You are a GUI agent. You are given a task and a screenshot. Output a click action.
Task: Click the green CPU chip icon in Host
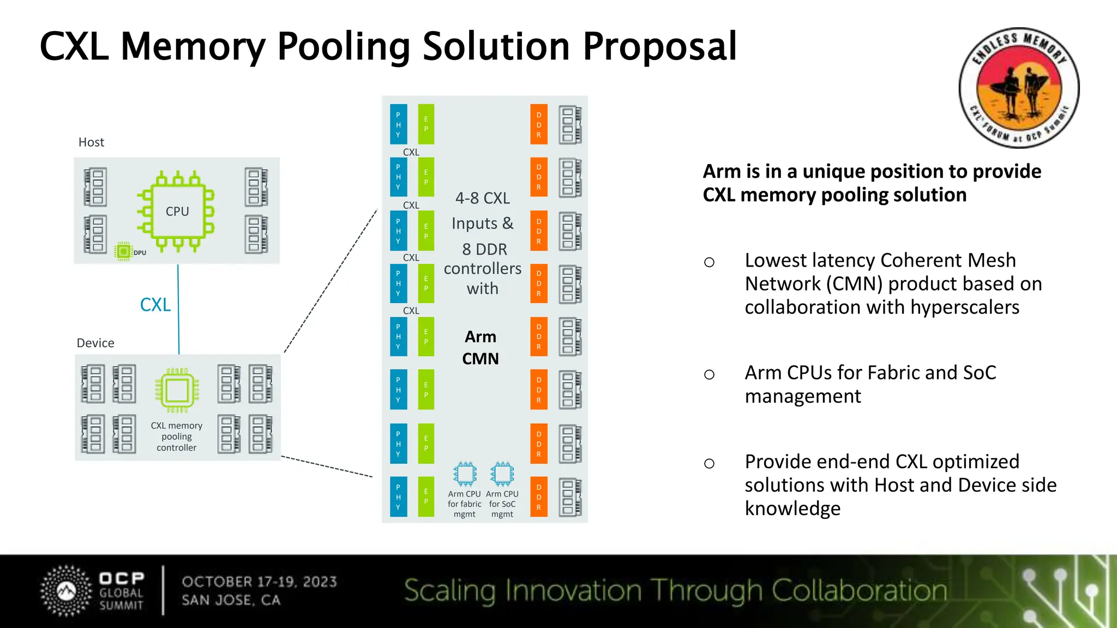176,212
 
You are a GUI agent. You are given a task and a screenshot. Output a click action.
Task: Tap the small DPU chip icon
124,251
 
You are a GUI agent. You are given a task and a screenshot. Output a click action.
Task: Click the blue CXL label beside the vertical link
155,305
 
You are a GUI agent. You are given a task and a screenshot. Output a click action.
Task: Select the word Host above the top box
91,142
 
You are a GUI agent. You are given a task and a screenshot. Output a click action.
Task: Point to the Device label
95,343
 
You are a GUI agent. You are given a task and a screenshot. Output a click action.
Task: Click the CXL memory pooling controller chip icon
177,390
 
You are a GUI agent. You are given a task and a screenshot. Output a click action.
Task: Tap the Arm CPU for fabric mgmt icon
465,474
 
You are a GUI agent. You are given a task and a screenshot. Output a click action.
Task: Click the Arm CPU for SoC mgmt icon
502,474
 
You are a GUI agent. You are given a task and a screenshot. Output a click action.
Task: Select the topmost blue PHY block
399,124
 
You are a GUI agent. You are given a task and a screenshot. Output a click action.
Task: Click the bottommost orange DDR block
539,497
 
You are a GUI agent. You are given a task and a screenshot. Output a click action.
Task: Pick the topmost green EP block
426,124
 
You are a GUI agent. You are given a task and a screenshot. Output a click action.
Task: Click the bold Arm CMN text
481,348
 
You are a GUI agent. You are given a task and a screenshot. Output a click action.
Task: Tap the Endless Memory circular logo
1019,88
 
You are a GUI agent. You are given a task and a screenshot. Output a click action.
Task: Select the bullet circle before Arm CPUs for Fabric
709,375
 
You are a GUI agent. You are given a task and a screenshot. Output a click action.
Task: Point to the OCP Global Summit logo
93,591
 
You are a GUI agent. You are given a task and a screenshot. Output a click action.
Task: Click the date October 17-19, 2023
260,582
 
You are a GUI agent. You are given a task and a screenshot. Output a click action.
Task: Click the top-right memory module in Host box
256,187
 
